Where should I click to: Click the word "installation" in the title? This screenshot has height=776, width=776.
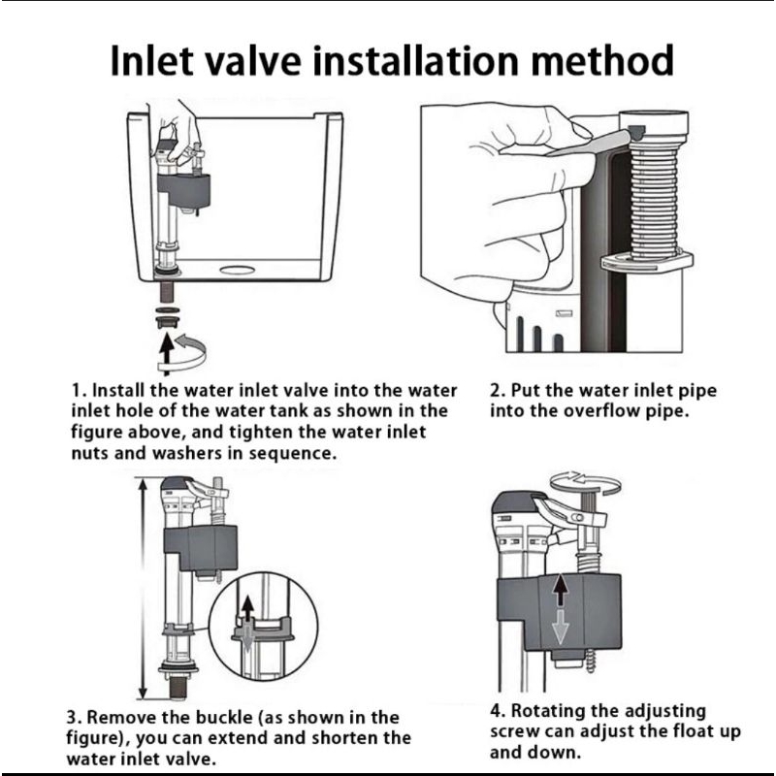click(417, 60)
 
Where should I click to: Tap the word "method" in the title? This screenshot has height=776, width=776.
click(602, 60)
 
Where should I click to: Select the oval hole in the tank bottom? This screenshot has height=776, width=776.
click(237, 271)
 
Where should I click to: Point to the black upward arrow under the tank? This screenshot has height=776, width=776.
click(167, 353)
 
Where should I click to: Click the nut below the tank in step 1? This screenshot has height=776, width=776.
click(168, 321)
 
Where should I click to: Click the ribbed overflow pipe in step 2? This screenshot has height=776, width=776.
click(654, 202)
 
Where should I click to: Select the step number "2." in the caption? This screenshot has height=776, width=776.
click(498, 391)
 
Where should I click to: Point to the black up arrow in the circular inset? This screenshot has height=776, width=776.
click(247, 609)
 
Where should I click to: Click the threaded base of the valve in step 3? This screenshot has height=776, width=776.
click(178, 688)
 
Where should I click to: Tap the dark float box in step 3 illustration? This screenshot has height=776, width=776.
click(201, 548)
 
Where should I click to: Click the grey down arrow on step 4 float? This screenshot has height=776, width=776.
click(560, 627)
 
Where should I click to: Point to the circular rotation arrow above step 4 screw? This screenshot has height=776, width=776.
click(586, 482)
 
